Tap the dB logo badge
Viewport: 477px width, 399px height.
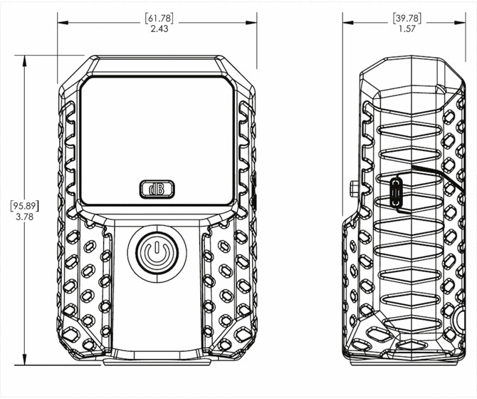click(x=157, y=189)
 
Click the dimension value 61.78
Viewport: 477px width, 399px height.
click(x=159, y=19)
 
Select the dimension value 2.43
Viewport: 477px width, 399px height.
click(x=159, y=29)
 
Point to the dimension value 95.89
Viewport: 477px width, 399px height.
click(x=25, y=206)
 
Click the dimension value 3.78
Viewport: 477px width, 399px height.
click(x=25, y=217)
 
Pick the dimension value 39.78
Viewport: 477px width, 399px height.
click(x=407, y=19)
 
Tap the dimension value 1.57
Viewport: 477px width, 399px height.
click(x=407, y=29)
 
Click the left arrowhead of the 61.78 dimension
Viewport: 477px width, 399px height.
click(x=63, y=23)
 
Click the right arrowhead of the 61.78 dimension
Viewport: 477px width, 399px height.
click(x=251, y=23)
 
